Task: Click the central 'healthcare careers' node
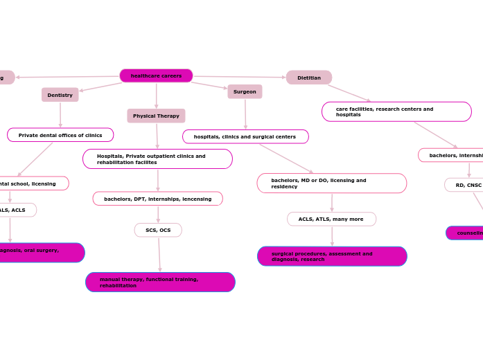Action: point(156,75)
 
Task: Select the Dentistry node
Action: point(60,95)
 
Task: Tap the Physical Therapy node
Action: point(156,116)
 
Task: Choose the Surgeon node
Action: point(245,91)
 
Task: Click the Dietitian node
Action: point(309,78)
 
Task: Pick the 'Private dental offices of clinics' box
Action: point(60,135)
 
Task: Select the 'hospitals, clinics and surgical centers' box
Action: point(245,136)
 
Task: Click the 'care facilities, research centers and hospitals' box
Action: point(396,111)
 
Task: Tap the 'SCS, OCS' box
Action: point(158,230)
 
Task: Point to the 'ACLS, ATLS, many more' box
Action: point(331,219)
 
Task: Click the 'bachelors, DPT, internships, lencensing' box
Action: point(158,199)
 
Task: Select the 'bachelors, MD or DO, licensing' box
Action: point(331,183)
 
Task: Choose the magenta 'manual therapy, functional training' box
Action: point(160,282)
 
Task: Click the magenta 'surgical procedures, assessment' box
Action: point(332,256)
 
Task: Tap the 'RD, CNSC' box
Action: point(464,185)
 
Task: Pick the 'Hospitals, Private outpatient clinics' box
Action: point(157,159)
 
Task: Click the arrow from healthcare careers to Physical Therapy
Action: point(156,96)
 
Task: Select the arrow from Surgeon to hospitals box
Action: point(245,114)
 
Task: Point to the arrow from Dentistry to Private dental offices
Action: point(60,114)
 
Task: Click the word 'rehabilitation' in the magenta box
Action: point(118,285)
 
